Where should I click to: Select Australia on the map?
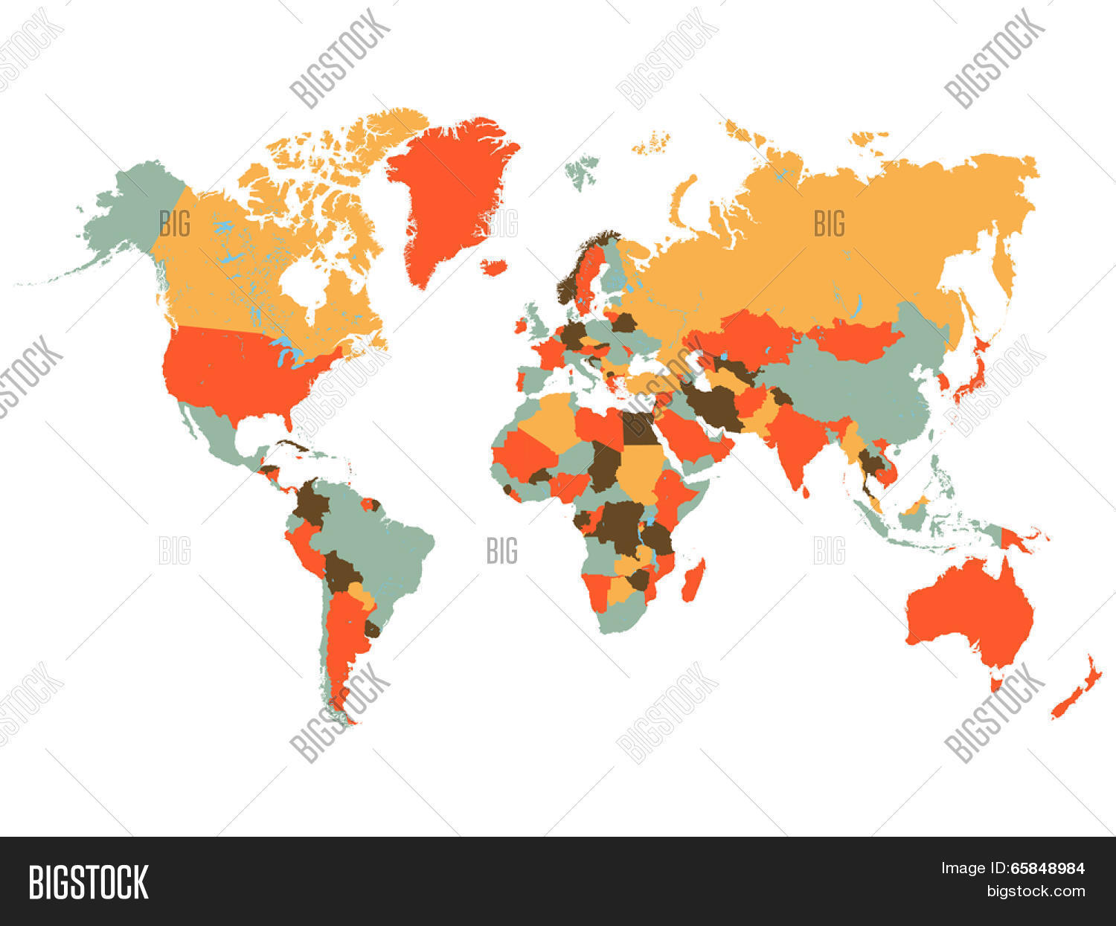[x=967, y=610]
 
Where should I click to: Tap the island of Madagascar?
[x=693, y=581]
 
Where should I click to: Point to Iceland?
[x=493, y=266]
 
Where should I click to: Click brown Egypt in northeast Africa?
[x=636, y=428]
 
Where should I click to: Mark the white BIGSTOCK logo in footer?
[x=88, y=882]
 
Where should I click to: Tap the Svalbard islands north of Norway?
[x=583, y=169]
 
